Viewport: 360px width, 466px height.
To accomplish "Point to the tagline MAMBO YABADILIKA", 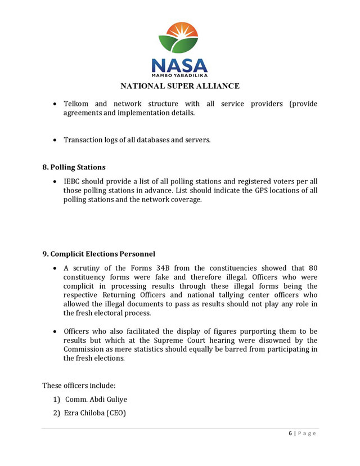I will point(179,75).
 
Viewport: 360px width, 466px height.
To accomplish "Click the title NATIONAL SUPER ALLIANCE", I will point(179,86).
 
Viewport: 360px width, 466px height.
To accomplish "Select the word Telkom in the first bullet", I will point(76,104).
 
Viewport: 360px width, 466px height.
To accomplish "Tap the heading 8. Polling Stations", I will point(74,167).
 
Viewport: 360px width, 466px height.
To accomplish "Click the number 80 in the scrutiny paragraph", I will point(312,268).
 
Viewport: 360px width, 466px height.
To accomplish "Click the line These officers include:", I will point(79,386).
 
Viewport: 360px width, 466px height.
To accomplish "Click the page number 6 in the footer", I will point(290,433).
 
